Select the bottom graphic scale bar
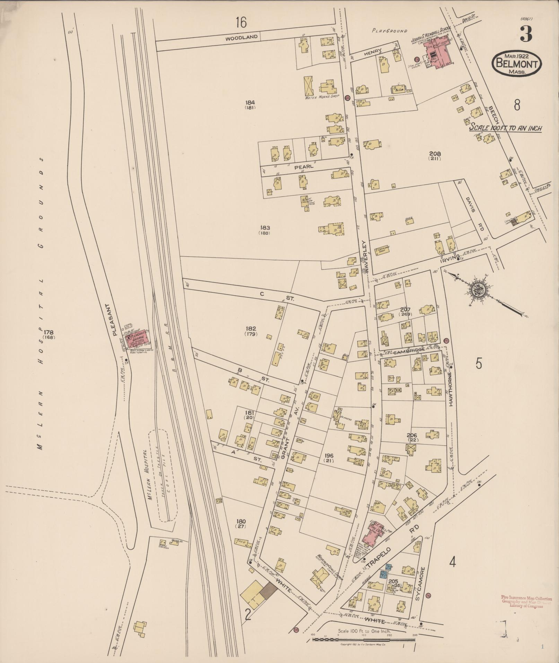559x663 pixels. tap(364, 639)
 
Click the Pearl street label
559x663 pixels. tap(304, 167)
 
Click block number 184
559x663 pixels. tap(250, 103)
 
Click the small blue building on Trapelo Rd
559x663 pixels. tap(384, 575)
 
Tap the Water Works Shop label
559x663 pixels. tap(321, 97)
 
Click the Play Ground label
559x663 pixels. tap(390, 31)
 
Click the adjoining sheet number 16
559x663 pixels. tap(241, 23)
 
